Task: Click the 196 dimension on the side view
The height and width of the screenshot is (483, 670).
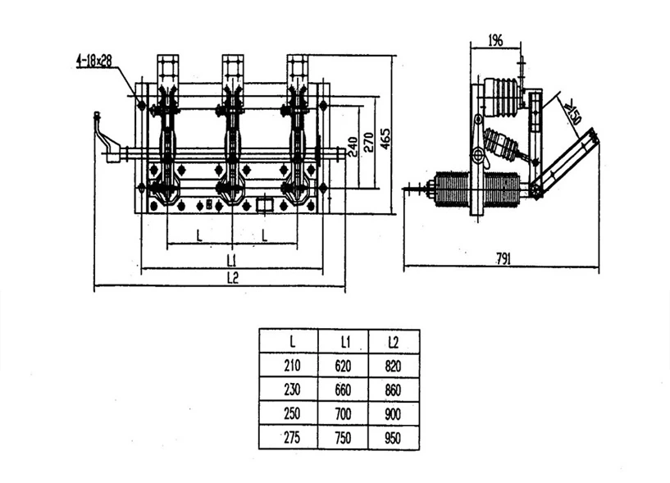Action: [495, 39]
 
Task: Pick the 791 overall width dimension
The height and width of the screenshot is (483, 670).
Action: [503, 259]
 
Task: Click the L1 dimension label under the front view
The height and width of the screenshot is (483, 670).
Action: [231, 260]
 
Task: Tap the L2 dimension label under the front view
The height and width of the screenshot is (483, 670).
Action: [231, 278]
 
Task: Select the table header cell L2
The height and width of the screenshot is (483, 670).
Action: [394, 341]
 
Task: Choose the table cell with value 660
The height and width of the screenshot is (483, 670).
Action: [343, 390]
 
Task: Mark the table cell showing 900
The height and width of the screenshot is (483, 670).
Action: [394, 413]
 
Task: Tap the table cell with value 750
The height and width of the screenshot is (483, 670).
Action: [343, 437]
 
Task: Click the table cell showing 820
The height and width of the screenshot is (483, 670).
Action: [394, 365]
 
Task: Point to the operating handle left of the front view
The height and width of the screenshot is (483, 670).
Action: [107, 139]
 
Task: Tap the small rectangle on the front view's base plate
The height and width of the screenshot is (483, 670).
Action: [265, 204]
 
